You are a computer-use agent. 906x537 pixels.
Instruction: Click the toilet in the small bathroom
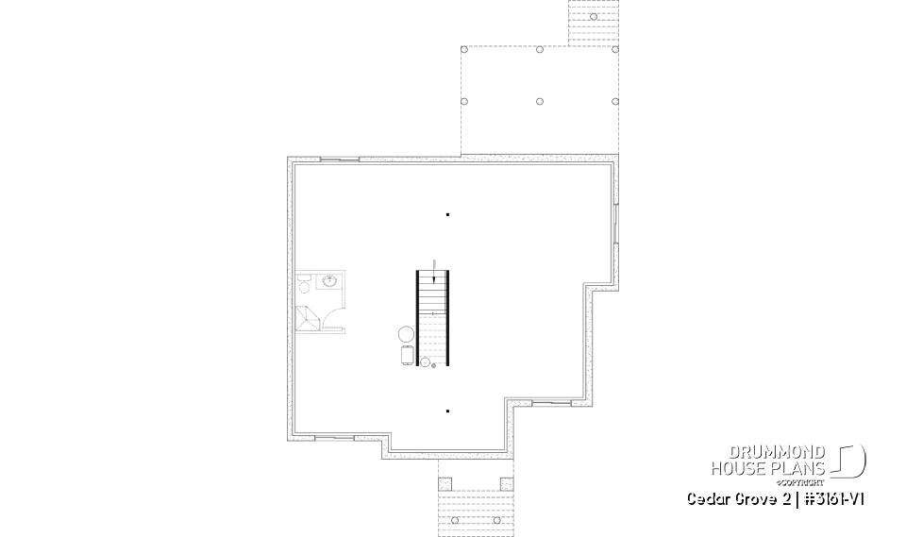click(x=304, y=281)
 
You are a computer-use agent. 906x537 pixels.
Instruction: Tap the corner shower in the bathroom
click(x=308, y=318)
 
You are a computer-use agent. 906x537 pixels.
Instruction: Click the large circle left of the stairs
click(x=406, y=333)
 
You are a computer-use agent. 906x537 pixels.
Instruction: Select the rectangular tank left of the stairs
click(x=408, y=354)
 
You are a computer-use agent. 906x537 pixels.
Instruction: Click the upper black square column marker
click(x=447, y=215)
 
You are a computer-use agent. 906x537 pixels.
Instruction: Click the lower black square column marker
click(x=447, y=411)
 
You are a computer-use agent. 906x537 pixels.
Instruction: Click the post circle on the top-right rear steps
click(x=593, y=16)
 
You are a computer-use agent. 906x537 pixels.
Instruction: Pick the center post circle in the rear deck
click(x=539, y=101)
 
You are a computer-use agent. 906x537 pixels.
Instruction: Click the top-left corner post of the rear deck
click(x=462, y=50)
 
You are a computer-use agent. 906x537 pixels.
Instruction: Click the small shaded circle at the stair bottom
click(x=434, y=364)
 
